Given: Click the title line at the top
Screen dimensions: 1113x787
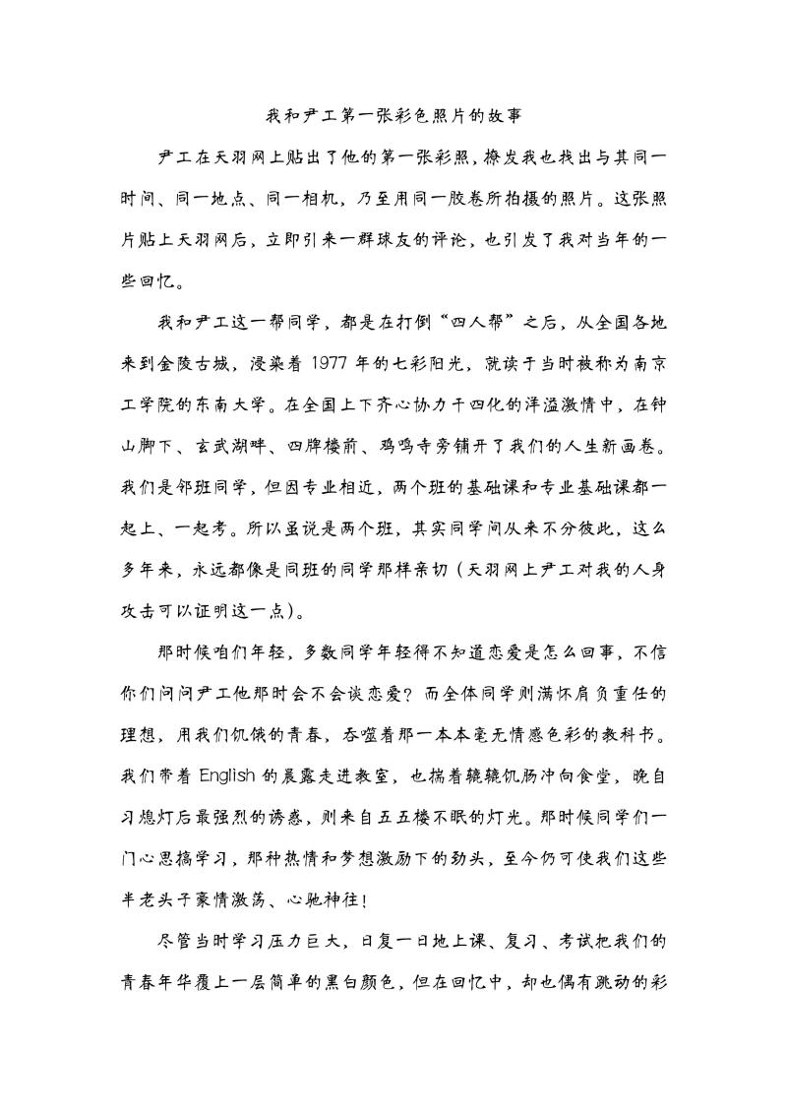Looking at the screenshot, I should pos(393,115).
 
